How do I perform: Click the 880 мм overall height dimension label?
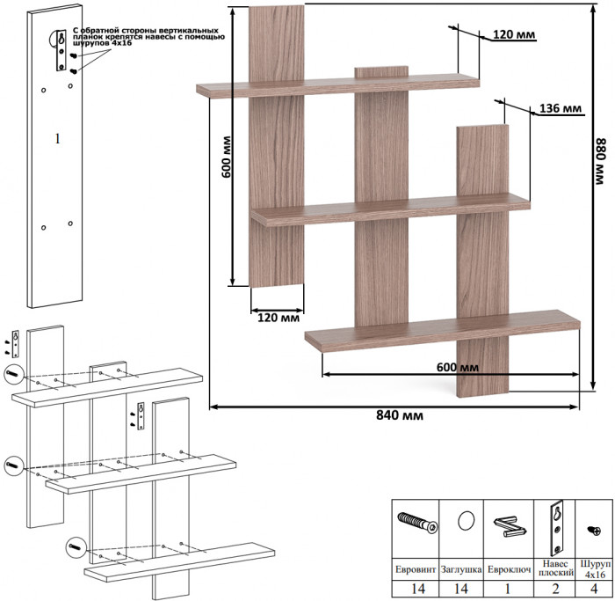pyautogui.click(x=600, y=161)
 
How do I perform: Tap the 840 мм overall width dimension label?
pyautogui.click(x=400, y=415)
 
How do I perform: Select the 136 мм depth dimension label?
pyautogui.click(x=561, y=108)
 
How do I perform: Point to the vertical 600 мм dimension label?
pyautogui.click(x=227, y=157)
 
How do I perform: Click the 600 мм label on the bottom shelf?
pyautogui.click(x=458, y=367)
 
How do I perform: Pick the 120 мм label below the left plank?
pyautogui.click(x=279, y=318)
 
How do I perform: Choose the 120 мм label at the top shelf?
pyautogui.click(x=514, y=34)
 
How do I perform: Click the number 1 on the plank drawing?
pyautogui.click(x=58, y=138)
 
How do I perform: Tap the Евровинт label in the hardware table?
pyautogui.click(x=416, y=569)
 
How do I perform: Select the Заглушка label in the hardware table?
pyautogui.click(x=461, y=569)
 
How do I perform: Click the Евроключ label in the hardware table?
pyautogui.click(x=509, y=569)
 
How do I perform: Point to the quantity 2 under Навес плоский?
pyautogui.click(x=555, y=589)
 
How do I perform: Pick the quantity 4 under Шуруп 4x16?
pyautogui.click(x=594, y=589)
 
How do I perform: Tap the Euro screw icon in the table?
pyautogui.click(x=417, y=523)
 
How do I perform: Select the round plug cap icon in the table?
pyautogui.click(x=466, y=521)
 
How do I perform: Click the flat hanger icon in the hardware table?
pyautogui.click(x=557, y=526)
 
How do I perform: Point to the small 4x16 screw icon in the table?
pyautogui.click(x=593, y=531)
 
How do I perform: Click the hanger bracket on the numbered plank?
pyautogui.click(x=61, y=50)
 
